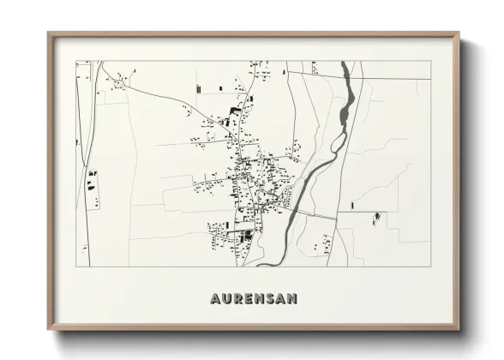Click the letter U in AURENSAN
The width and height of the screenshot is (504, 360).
point(226,298)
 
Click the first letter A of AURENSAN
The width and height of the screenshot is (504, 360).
point(214,298)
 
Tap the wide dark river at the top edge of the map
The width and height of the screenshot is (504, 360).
point(347,72)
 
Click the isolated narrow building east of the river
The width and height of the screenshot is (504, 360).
point(352,205)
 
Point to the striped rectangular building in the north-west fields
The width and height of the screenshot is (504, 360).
point(199,89)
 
